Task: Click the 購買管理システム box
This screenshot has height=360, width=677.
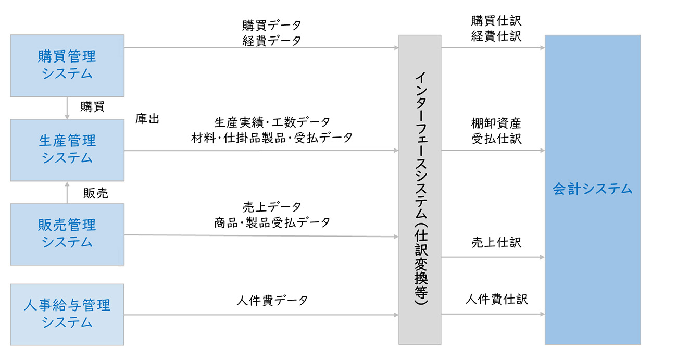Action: pyautogui.click(x=67, y=65)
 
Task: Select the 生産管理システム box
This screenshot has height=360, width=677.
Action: pyautogui.click(x=67, y=150)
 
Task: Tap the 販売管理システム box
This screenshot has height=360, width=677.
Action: pyautogui.click(x=67, y=234)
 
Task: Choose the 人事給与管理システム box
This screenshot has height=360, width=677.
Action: pyautogui.click(x=67, y=314)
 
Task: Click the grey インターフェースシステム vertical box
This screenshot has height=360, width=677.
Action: pyautogui.click(x=420, y=190)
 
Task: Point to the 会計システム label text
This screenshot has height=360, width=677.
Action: pyautogui.click(x=592, y=189)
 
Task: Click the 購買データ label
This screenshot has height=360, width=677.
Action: pyautogui.click(x=271, y=25)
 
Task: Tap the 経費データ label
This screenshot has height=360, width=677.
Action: pyautogui.click(x=271, y=41)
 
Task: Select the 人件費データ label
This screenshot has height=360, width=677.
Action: pyautogui.click(x=272, y=301)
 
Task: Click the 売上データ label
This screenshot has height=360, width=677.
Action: pyautogui.click(x=272, y=207)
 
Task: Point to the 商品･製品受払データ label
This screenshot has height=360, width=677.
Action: pyautogui.click(x=272, y=222)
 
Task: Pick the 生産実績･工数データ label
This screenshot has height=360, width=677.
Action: pyautogui.click(x=272, y=122)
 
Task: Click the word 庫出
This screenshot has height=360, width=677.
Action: pyautogui.click(x=147, y=119)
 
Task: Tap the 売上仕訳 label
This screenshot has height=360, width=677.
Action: pyautogui.click(x=496, y=242)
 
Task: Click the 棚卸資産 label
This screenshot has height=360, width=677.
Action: pyautogui.click(x=496, y=123)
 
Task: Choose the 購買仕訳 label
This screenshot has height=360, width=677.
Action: pyautogui.click(x=496, y=21)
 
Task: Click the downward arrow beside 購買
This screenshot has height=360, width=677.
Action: pyautogui.click(x=67, y=108)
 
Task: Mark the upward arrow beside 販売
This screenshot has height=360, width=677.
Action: pyautogui.click(x=67, y=192)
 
